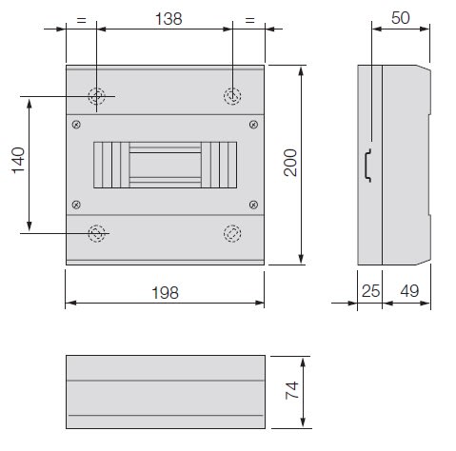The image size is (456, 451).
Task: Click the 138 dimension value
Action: point(169,19)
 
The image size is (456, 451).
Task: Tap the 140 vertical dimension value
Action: point(18,160)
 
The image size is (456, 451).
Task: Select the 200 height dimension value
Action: point(290,163)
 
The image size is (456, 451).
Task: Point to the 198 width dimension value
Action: point(166,293)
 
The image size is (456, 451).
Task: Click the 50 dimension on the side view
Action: point(401,18)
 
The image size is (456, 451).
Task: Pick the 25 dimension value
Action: point(370,291)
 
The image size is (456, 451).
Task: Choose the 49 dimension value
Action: point(409,291)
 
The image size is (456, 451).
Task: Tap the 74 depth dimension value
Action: point(292,390)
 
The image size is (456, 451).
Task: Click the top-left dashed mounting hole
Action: point(96,96)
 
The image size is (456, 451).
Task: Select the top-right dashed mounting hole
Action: point(232,96)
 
